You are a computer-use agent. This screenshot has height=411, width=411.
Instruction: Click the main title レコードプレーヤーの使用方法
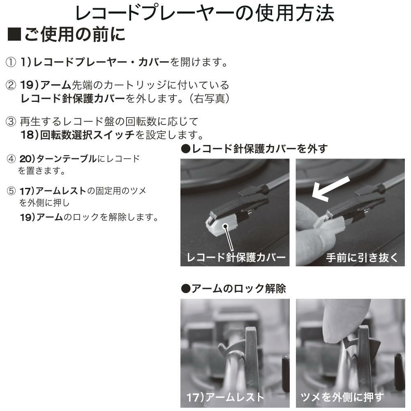tap(204, 13)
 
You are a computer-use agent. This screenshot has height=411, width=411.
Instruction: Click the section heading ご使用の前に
tap(75, 35)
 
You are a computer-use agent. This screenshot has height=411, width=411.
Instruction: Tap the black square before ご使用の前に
tap(14, 35)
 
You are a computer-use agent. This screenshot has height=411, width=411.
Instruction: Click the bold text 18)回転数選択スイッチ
tap(78, 134)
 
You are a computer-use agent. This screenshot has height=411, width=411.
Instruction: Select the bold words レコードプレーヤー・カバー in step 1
tap(101, 62)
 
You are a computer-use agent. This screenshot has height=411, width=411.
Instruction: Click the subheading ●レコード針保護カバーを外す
tap(254, 149)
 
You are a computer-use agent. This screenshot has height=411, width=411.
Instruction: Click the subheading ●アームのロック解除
tap(233, 289)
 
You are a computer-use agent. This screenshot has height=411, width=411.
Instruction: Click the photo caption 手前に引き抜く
tap(362, 258)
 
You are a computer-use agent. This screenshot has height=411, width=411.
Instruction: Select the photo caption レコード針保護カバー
tap(236, 258)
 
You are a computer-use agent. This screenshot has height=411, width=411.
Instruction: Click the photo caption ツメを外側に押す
tap(342, 397)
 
